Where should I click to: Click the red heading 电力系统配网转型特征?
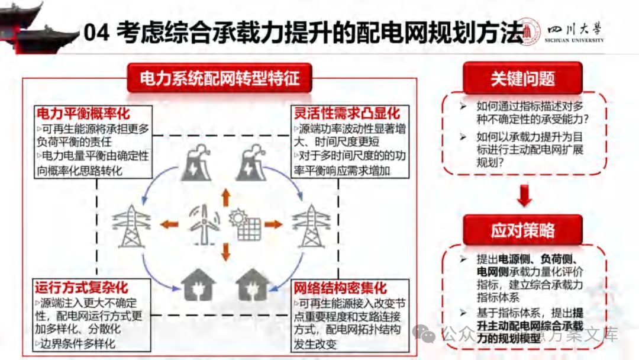pyautogui.click(x=220, y=78)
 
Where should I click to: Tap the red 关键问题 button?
pyautogui.click(x=522, y=78)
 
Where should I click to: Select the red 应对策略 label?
pyautogui.click(x=522, y=230)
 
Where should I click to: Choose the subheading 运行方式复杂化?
pyautogui.click(x=81, y=288)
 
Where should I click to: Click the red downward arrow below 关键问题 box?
pyautogui.click(x=523, y=196)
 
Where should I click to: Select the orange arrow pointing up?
pyautogui.click(x=225, y=197)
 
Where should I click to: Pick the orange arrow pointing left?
pyautogui.click(x=169, y=224)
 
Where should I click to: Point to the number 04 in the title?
pyautogui.click(x=96, y=33)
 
